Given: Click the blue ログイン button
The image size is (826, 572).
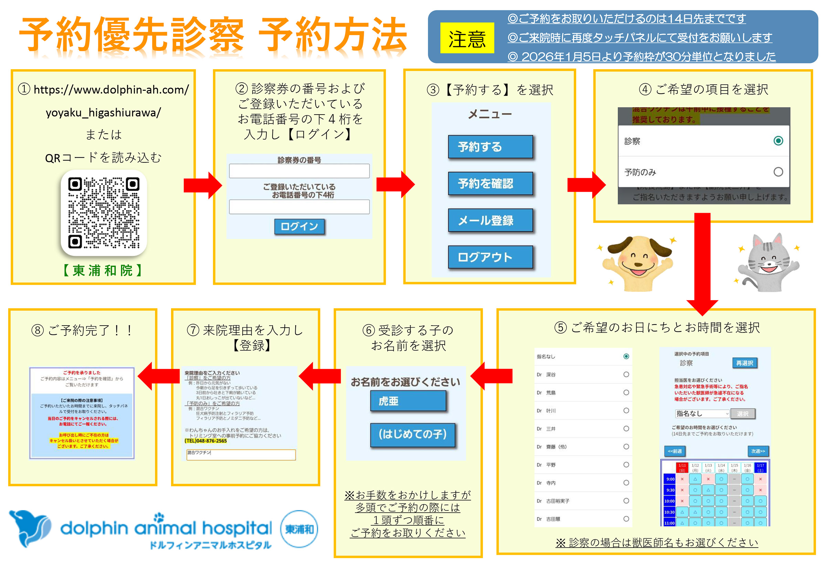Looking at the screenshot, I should (x=299, y=226).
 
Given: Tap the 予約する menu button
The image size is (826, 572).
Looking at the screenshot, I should (x=490, y=147).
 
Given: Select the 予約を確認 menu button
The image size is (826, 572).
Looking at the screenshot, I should (x=490, y=183).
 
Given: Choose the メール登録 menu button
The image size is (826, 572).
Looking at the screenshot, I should (x=490, y=220).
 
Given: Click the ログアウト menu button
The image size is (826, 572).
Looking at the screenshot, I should (x=490, y=257).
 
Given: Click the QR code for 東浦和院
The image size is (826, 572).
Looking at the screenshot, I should (x=104, y=213).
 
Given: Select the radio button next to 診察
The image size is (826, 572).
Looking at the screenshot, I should (x=778, y=141).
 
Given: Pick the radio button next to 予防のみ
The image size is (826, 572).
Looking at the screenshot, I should (x=778, y=172).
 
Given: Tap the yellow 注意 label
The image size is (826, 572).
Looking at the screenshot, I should (x=467, y=38).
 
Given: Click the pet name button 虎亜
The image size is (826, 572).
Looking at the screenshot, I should (x=408, y=401).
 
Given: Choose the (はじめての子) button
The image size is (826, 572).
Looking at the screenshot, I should (x=412, y=434).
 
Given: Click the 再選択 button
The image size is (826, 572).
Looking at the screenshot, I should (x=744, y=363).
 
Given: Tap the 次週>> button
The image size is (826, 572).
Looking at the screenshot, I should (x=758, y=451).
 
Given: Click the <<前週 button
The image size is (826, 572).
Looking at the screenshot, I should (x=675, y=451).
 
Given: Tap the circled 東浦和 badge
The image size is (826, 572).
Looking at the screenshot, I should (x=299, y=529).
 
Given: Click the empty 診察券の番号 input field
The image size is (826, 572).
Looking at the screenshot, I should (x=299, y=171).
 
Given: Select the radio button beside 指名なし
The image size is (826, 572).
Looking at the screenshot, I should (x=626, y=356).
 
